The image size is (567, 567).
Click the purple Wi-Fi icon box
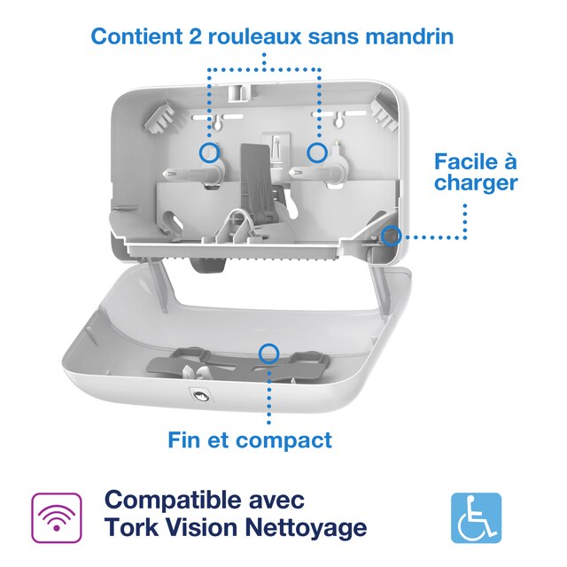pos(57,517)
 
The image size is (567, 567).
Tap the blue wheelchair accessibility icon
pos(476,517)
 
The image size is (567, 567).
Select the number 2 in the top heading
pos(195,36)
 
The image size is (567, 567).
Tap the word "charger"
pos(476,184)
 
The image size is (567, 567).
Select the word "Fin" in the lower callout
pos(185,439)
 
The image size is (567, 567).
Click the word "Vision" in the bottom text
pos(203,529)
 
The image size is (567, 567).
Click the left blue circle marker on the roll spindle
pos(209,151)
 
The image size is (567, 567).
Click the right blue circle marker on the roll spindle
pos(316,151)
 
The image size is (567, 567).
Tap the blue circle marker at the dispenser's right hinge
pos(391,236)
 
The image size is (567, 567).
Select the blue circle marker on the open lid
pos(268,353)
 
